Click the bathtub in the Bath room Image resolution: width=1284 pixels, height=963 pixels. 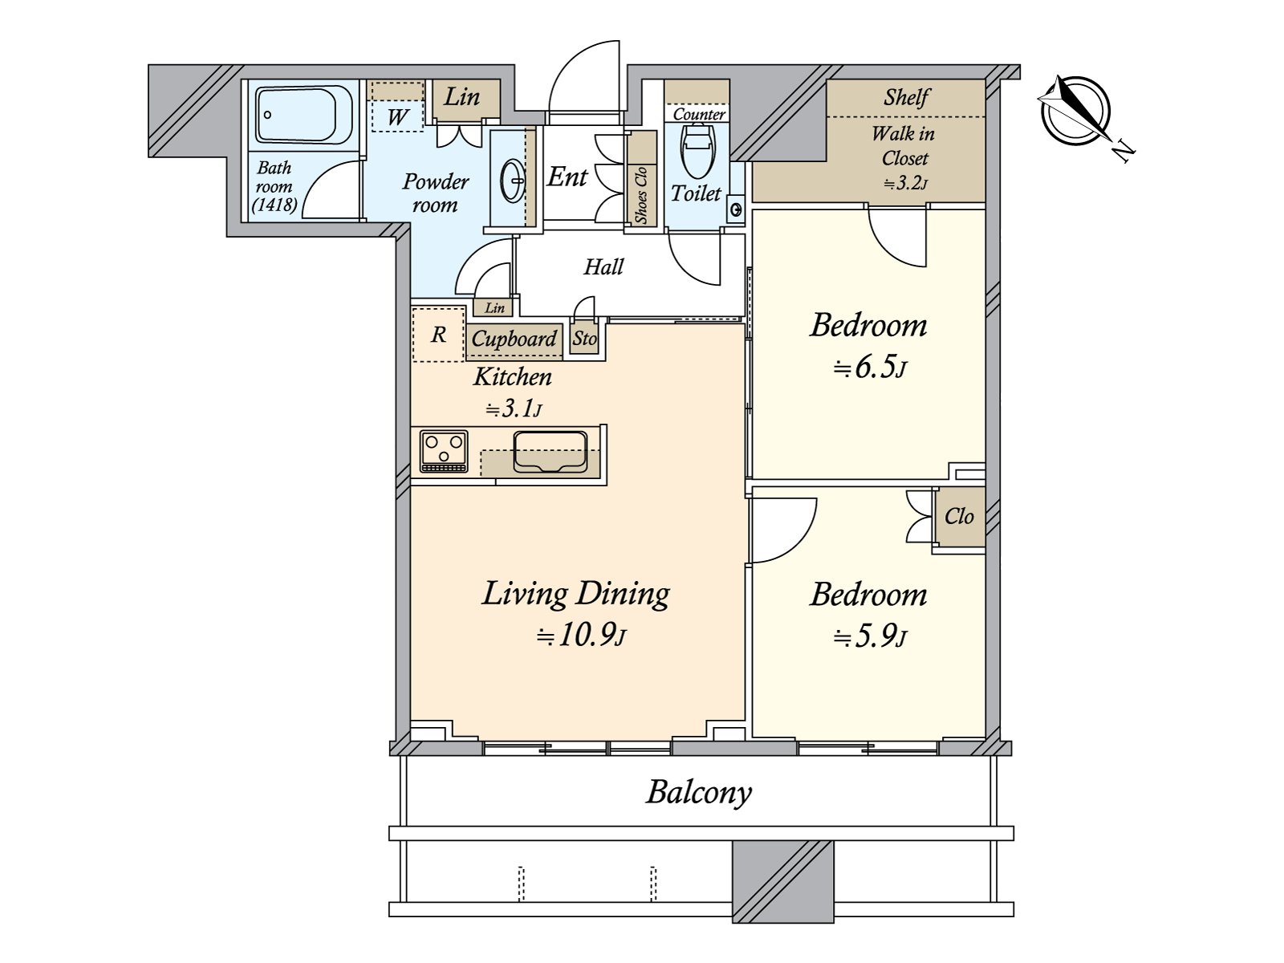coord(303,115)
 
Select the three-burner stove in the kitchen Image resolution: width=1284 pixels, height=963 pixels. coord(444,451)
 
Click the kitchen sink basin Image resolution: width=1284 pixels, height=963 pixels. coord(550,451)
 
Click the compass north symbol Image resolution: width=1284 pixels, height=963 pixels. coord(1076,111)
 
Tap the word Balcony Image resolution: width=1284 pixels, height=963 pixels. coord(698,794)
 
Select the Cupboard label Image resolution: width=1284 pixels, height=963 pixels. coord(514,339)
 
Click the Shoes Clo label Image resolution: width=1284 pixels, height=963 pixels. coord(641,195)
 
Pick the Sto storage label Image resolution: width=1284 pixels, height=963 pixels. coord(584,339)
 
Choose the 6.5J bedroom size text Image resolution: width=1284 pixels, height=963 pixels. coord(870,368)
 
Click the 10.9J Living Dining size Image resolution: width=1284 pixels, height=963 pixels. coord(581,636)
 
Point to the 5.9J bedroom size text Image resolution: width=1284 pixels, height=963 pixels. coord(870,637)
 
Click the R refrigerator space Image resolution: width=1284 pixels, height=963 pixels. coord(438,334)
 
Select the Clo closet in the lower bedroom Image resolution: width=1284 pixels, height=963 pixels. coord(959,516)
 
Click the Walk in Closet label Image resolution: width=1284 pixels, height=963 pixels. coord(903,146)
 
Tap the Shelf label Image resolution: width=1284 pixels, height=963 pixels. coord(906,97)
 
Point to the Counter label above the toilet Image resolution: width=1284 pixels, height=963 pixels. coord(699,114)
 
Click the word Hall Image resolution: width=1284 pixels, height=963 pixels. coord(603,267)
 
